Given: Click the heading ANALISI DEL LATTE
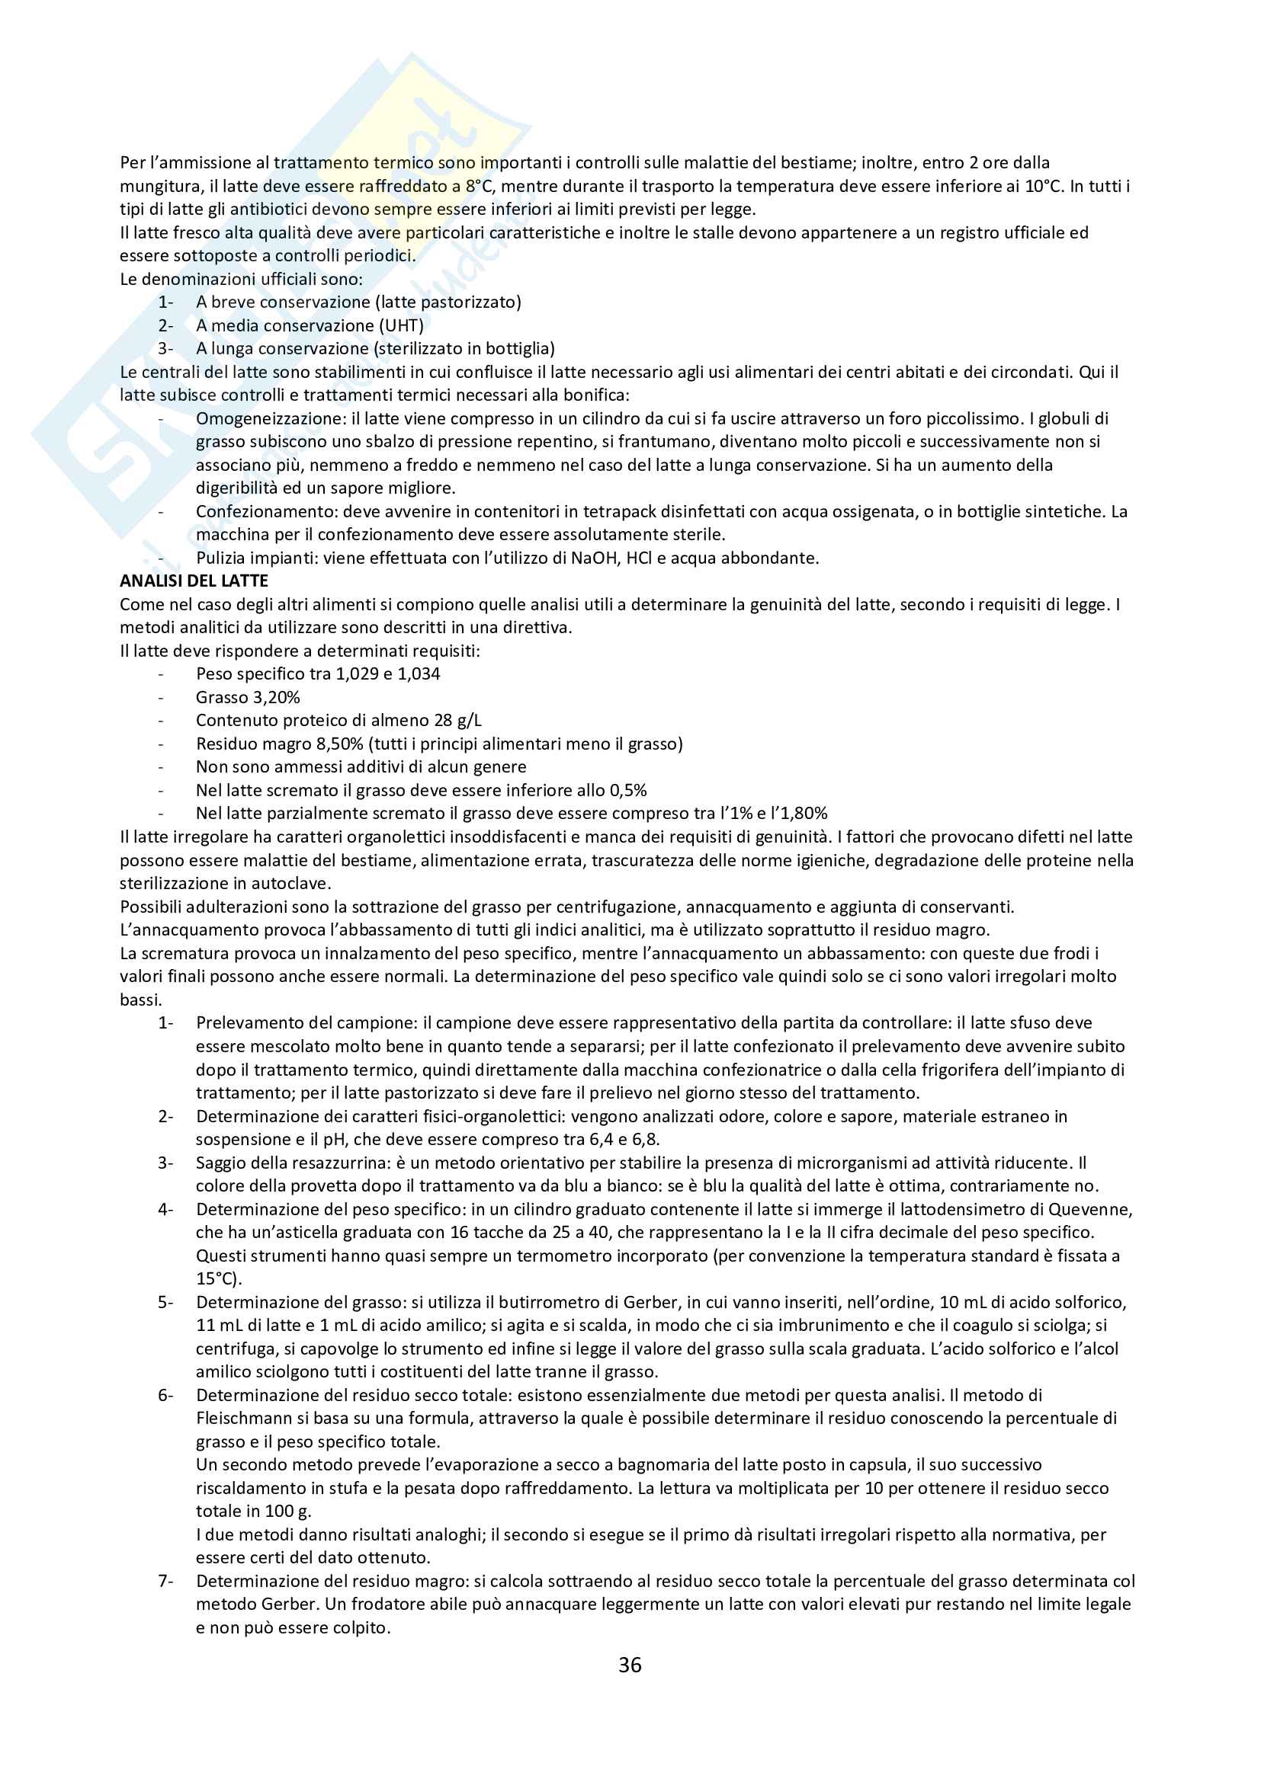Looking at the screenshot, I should click(x=194, y=581).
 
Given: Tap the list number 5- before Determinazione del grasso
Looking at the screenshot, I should click(x=165, y=1302).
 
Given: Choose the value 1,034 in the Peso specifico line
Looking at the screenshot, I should click(x=419, y=673).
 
